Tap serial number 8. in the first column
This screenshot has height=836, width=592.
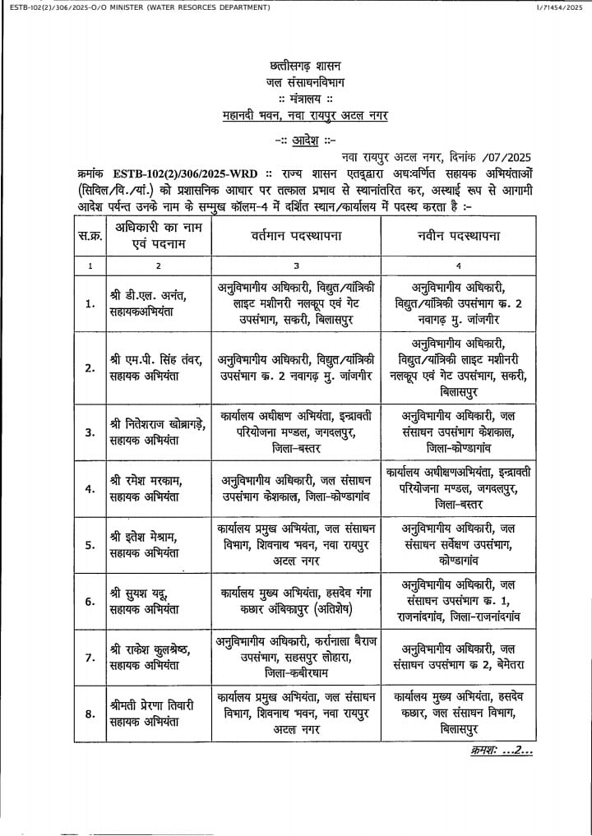(90, 714)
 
